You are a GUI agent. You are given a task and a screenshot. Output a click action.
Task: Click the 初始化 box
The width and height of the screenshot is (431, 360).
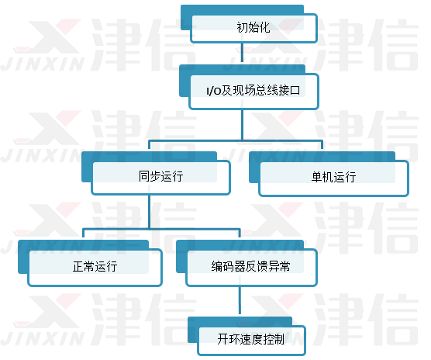click(x=254, y=29)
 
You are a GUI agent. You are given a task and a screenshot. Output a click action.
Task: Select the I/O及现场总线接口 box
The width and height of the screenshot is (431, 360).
click(x=253, y=92)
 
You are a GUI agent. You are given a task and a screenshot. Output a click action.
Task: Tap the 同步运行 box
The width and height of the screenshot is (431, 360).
click(x=160, y=178)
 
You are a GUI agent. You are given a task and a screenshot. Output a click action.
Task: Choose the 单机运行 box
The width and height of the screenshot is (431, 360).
click(x=333, y=178)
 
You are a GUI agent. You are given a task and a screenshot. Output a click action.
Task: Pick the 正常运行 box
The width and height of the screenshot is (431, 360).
click(x=95, y=268)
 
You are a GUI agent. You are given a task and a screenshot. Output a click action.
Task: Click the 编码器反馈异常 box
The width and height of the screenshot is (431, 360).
click(x=251, y=268)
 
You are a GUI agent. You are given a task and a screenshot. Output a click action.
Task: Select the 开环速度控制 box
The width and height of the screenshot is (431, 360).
click(x=251, y=340)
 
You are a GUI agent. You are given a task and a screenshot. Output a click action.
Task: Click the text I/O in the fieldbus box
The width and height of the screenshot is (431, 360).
click(x=214, y=91)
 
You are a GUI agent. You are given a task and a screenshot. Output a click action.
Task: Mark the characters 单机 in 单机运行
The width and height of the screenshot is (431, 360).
click(x=322, y=177)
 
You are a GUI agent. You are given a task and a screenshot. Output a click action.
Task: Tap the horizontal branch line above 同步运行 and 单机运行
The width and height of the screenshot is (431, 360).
click(x=236, y=141)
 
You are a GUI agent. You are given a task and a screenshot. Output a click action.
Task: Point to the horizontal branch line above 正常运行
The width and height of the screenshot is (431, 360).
click(x=161, y=229)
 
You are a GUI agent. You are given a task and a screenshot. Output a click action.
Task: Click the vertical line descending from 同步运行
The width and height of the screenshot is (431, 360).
click(x=150, y=212)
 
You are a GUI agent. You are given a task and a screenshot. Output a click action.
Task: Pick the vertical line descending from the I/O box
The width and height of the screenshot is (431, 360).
click(x=242, y=125)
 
